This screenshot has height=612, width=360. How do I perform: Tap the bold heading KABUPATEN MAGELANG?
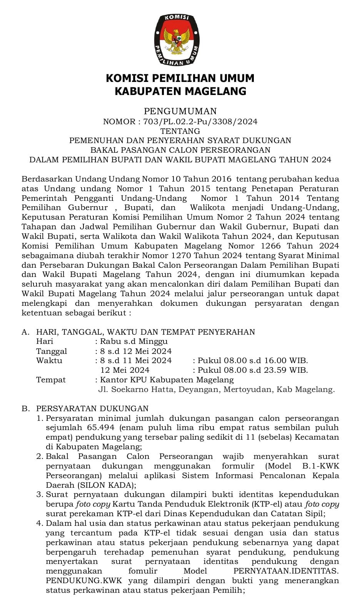[180, 92]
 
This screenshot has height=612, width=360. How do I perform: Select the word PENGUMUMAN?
[180, 112]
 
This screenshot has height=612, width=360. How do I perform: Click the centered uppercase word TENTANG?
[180, 131]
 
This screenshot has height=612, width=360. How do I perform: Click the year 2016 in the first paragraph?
[220, 179]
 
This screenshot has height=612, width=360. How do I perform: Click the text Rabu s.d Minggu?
[134, 342]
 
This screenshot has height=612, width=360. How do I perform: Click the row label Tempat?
[51, 380]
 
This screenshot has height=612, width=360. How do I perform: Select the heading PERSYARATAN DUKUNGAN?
[92, 409]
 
